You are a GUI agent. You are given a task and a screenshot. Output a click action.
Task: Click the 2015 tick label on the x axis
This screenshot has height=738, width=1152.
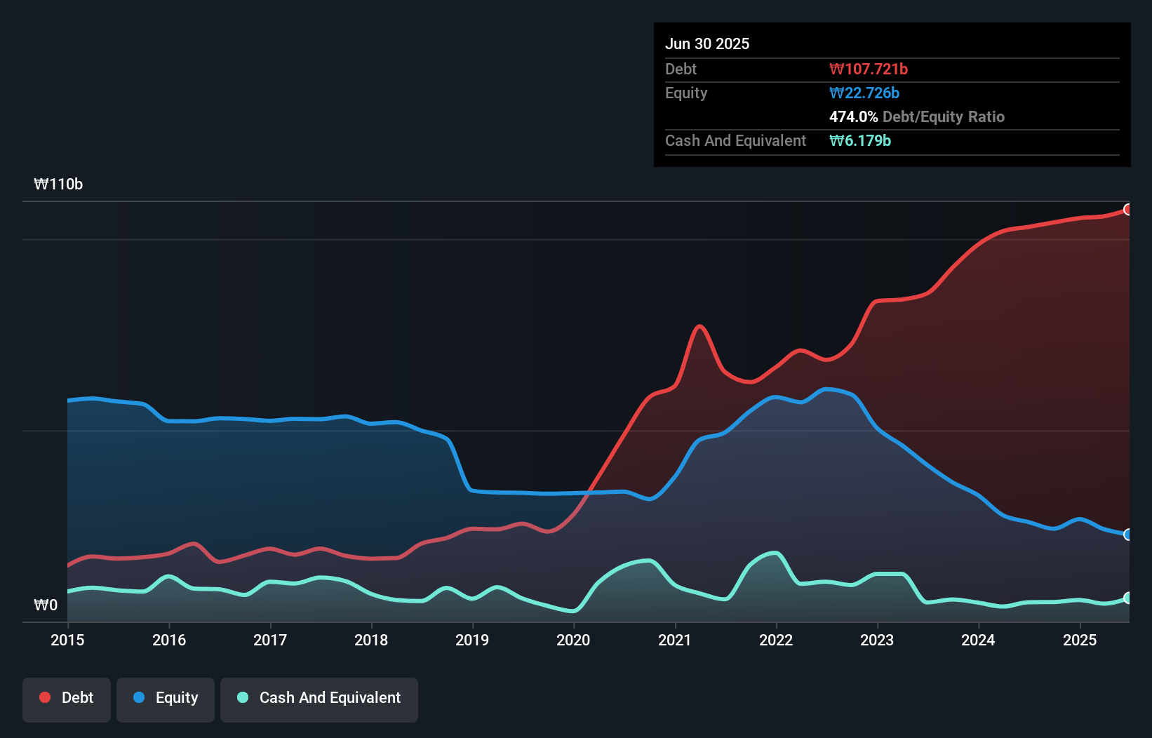pyautogui.click(x=67, y=640)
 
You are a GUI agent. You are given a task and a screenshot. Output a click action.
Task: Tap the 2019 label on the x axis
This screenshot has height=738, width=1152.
pyautogui.click(x=472, y=640)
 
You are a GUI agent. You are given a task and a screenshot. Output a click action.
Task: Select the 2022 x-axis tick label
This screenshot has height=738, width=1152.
pyautogui.click(x=776, y=640)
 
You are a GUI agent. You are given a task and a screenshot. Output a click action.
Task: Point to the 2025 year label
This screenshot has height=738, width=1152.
pyautogui.click(x=1080, y=640)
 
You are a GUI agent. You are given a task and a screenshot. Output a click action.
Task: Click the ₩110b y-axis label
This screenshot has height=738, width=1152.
pyautogui.click(x=58, y=184)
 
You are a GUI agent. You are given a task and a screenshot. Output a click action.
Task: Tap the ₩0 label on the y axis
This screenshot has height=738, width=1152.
pyautogui.click(x=46, y=605)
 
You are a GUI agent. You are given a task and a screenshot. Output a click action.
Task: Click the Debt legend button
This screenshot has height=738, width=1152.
pyautogui.click(x=67, y=698)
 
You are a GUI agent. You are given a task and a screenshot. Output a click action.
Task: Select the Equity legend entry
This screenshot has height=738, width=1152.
pyautogui.click(x=166, y=698)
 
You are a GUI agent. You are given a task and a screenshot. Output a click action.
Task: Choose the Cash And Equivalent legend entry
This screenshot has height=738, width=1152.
pyautogui.click(x=319, y=698)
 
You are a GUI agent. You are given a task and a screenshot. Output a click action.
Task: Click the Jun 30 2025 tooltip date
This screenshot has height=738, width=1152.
pyautogui.click(x=707, y=43)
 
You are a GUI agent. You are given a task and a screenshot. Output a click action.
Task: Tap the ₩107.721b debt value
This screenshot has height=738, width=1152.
pyautogui.click(x=869, y=69)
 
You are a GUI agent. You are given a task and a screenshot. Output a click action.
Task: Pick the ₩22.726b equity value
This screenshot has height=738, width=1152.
pyautogui.click(x=864, y=93)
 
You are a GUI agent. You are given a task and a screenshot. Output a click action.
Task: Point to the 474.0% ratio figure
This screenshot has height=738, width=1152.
pyautogui.click(x=853, y=116)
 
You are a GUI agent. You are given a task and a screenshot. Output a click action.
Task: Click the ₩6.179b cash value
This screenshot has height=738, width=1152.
pyautogui.click(x=860, y=140)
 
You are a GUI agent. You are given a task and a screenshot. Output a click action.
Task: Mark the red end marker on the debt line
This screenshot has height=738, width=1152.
pyautogui.click(x=1128, y=209)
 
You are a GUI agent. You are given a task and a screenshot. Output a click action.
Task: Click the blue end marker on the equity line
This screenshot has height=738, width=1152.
pyautogui.click(x=1128, y=535)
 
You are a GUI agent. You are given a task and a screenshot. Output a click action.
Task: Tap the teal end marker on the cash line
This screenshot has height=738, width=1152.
pyautogui.click(x=1128, y=598)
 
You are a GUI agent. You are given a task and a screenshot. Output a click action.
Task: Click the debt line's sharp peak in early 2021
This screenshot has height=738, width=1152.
pyautogui.click(x=699, y=326)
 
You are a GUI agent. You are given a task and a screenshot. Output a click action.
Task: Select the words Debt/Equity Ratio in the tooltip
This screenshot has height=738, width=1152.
pyautogui.click(x=944, y=116)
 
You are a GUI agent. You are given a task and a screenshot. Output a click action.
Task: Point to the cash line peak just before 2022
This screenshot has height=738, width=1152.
pyautogui.click(x=775, y=553)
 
